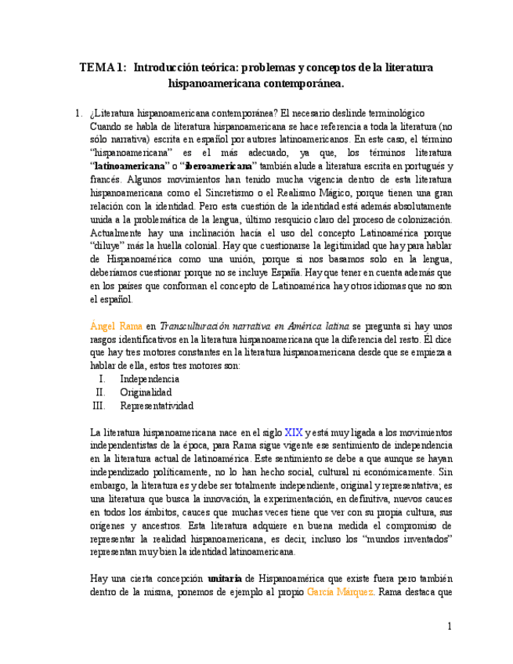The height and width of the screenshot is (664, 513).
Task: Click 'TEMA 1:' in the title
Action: tap(103, 68)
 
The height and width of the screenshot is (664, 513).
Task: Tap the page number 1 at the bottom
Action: tap(450, 626)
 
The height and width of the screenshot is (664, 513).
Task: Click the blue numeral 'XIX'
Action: tap(293, 431)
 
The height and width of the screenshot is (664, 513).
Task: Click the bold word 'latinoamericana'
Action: tap(130, 167)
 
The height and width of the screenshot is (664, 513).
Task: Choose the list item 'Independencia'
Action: tap(149, 378)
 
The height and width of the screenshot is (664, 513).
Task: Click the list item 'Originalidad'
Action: tap(146, 392)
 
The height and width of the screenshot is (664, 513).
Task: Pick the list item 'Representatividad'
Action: tap(157, 406)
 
